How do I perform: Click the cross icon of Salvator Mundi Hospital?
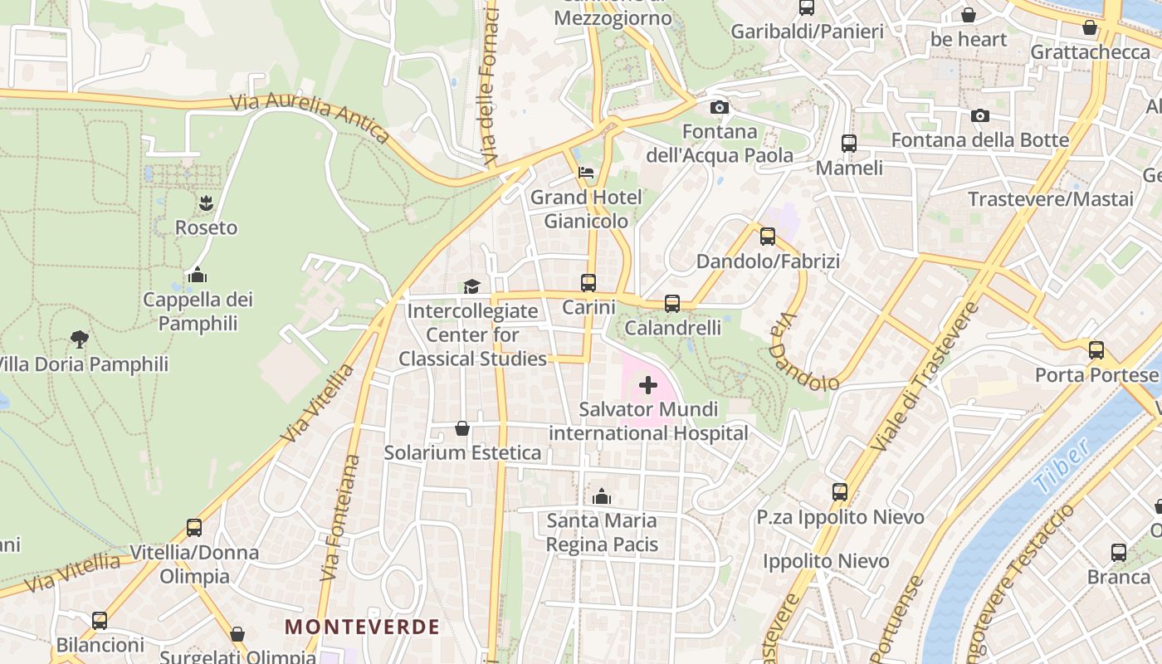[x=648, y=385]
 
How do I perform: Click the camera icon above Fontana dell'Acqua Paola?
[x=720, y=108]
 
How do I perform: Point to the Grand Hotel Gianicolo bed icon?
[x=586, y=173]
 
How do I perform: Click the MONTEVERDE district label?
[x=362, y=627]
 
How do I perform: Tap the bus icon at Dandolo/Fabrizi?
[x=768, y=237]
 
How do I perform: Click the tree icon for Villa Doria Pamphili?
[x=80, y=339]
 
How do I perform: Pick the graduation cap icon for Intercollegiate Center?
[x=471, y=287]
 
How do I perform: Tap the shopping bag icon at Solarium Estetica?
[x=462, y=428]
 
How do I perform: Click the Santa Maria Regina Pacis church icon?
[x=602, y=497]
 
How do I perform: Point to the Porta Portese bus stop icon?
[x=1096, y=350]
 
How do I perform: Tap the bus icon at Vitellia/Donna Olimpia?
[x=194, y=528]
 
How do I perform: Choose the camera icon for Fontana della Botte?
[x=980, y=116]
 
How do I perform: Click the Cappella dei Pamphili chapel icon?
[x=198, y=275]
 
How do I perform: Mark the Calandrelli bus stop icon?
[x=672, y=304]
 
